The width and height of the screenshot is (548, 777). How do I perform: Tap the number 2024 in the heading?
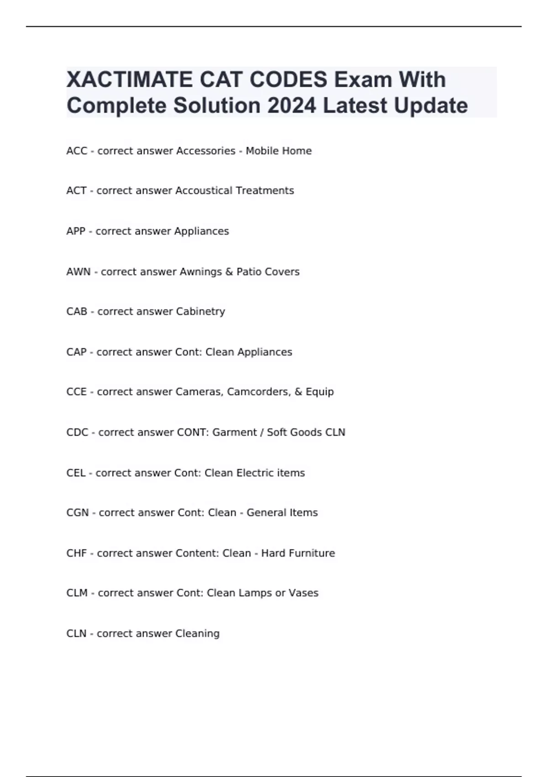pyautogui.click(x=292, y=106)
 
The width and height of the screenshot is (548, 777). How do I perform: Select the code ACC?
pyautogui.click(x=76, y=151)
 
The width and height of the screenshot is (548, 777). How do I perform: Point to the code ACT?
pyautogui.click(x=76, y=191)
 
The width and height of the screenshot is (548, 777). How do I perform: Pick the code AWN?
pyautogui.click(x=78, y=271)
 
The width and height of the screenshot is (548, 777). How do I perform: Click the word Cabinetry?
pyautogui.click(x=199, y=312)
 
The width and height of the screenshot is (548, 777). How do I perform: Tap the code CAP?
pyautogui.click(x=76, y=352)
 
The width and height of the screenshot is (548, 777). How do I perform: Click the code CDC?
pyautogui.click(x=77, y=432)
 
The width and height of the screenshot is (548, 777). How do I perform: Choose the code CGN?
pyautogui.click(x=77, y=513)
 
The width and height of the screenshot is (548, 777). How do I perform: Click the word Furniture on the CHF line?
pyautogui.click(x=312, y=553)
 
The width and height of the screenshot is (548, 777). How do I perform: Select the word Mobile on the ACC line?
pyautogui.click(x=262, y=151)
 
